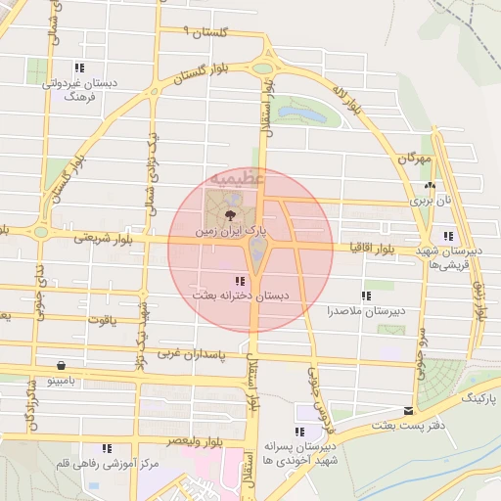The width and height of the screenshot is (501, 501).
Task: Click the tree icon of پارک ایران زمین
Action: pyautogui.click(x=229, y=214)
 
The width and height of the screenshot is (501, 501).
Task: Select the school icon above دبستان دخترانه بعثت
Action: pyautogui.click(x=241, y=283)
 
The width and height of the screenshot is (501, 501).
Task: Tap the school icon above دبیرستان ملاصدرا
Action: pyautogui.click(x=366, y=296)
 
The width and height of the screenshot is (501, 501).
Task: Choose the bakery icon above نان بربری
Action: pyautogui.click(x=430, y=185)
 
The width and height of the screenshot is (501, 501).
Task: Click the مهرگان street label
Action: pyautogui.click(x=415, y=159)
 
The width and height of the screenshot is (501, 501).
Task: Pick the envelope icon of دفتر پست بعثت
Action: pyautogui.click(x=408, y=411)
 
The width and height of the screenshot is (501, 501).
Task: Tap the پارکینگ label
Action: pyautogui.click(x=479, y=400)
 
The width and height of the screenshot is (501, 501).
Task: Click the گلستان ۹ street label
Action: pyautogui.click(x=205, y=33)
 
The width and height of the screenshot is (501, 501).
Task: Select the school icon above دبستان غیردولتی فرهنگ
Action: pyautogui.click(x=78, y=68)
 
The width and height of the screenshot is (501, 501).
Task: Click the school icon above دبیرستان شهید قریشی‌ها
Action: pyautogui.click(x=447, y=236)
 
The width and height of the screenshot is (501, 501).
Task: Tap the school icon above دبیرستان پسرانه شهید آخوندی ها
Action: pyautogui.click(x=298, y=432)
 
